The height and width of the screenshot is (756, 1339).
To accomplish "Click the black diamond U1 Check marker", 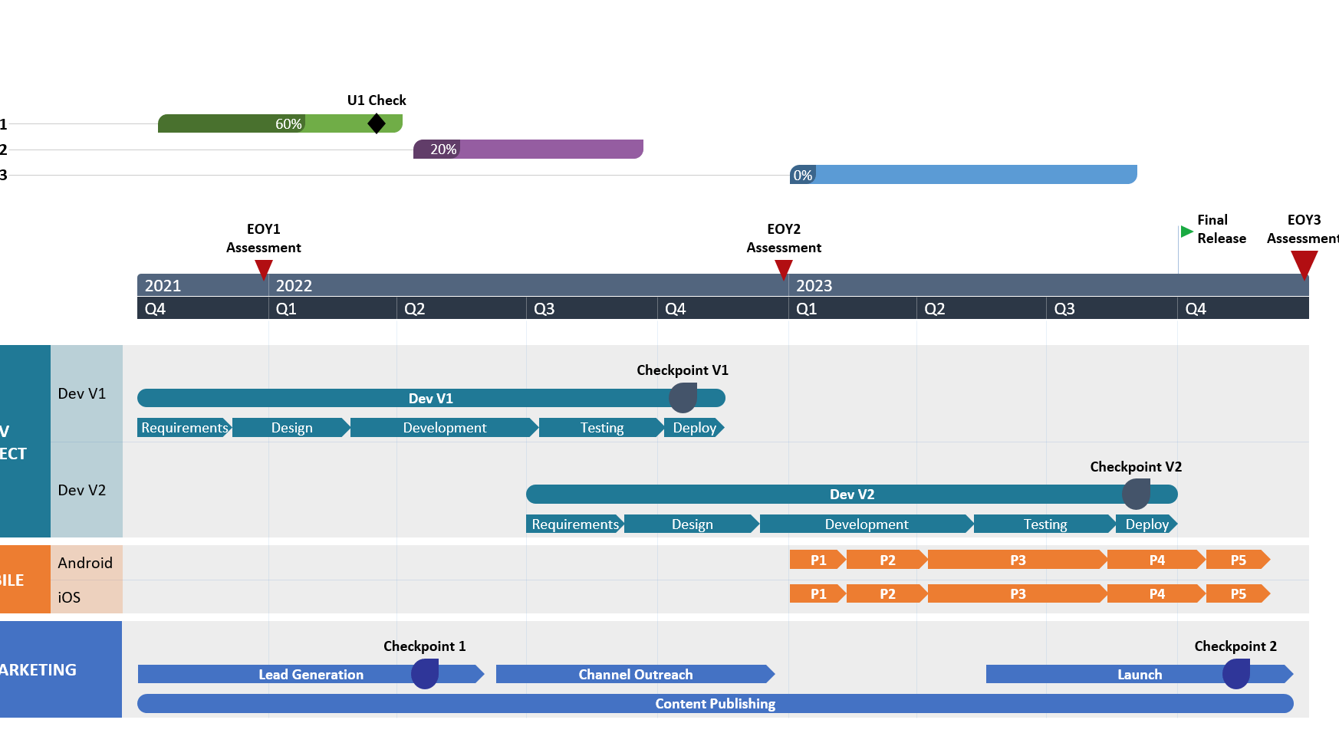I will (x=377, y=123).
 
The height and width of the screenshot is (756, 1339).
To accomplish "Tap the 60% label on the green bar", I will (x=288, y=124).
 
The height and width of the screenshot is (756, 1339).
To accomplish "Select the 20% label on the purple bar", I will (x=443, y=150).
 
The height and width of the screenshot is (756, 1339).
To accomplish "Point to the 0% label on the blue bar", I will (x=803, y=176).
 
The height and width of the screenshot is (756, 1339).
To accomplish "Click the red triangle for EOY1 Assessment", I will (x=264, y=268).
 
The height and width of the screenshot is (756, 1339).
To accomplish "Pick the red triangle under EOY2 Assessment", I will (x=784, y=268).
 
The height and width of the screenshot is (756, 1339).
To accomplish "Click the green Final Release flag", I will (x=1186, y=232).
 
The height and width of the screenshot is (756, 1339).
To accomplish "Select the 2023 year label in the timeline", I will (x=814, y=286).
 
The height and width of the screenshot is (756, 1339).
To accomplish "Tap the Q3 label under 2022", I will (x=544, y=309).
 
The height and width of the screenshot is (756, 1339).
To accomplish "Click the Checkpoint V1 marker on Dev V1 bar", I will (x=683, y=398).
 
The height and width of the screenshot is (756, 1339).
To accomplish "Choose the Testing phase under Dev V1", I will (x=601, y=428).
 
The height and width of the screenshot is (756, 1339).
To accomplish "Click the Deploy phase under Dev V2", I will (x=1147, y=524).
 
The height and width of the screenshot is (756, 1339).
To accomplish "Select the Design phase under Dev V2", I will (x=692, y=524).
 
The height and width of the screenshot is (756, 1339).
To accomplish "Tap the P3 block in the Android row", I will (x=1017, y=560).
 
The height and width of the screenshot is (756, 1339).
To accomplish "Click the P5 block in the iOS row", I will (x=1238, y=594).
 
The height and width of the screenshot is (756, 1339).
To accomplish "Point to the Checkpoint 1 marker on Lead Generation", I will (x=425, y=674).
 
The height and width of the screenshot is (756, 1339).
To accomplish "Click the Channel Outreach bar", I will (x=635, y=675).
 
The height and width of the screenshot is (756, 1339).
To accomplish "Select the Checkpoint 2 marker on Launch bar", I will (x=1235, y=674).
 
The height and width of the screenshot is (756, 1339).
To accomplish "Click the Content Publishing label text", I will (x=715, y=704).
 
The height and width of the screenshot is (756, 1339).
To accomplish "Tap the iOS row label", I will (x=69, y=597).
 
